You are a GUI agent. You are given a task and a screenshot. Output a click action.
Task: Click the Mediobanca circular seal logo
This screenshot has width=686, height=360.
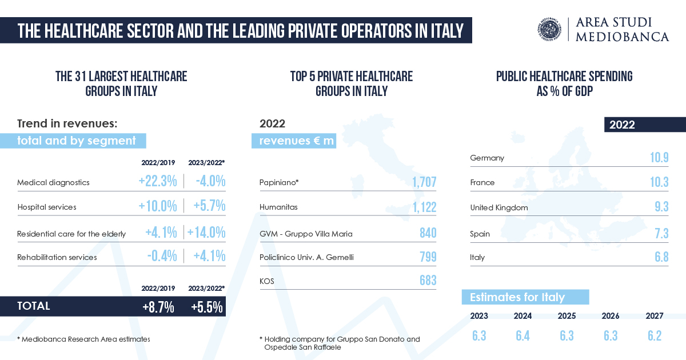552,30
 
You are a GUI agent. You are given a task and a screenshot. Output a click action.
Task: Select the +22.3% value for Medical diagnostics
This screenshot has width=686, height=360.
158,182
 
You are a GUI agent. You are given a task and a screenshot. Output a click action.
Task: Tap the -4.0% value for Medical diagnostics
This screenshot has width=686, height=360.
209,182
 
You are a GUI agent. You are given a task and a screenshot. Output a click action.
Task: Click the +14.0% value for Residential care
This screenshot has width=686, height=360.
207,233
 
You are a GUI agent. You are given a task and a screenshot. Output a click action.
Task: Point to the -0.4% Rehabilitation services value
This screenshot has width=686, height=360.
162,257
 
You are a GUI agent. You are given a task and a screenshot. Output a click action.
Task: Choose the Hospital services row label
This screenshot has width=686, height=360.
47,207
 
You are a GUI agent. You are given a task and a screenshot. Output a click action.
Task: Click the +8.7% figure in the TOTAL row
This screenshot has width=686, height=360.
158,307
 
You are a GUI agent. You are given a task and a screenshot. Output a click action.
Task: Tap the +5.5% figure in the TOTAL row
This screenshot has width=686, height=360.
206,307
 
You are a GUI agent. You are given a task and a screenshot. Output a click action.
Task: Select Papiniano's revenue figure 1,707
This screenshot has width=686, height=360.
424,182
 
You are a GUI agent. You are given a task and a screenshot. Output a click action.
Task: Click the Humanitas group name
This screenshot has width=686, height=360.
278,207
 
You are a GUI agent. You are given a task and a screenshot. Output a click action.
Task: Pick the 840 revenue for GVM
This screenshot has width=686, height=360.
428,233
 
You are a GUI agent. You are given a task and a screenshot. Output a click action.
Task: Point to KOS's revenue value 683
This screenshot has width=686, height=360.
428,280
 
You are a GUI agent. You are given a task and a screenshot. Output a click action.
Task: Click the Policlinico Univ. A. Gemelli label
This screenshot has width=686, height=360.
306,257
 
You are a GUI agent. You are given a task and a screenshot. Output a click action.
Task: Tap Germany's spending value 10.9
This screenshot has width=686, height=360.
659,158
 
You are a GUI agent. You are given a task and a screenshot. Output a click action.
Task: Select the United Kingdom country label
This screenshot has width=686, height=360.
498,207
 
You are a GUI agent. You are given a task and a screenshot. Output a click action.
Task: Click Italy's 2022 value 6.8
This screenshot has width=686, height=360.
661,257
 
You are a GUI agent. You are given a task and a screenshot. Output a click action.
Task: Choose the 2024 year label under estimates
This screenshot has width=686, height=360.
523,316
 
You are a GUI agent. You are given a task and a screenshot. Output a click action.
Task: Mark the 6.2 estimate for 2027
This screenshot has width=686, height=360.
655,335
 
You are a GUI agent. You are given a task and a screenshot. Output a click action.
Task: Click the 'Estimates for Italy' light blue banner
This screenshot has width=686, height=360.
525,297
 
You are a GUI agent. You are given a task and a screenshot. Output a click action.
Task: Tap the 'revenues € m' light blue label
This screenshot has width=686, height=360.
294,141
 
